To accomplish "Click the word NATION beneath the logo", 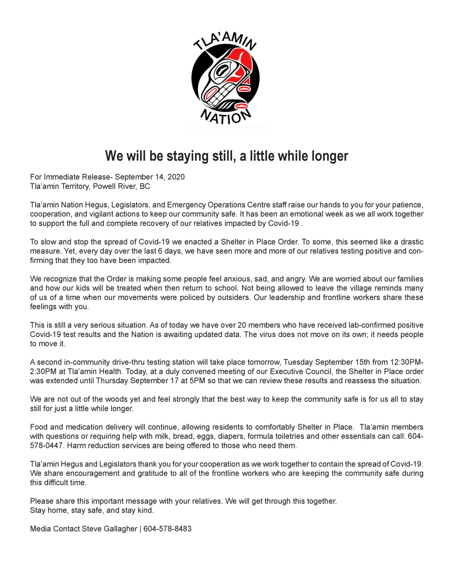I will point(225,117).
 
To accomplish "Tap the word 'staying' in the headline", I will point(187,156).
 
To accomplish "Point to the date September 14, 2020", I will point(150,177).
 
